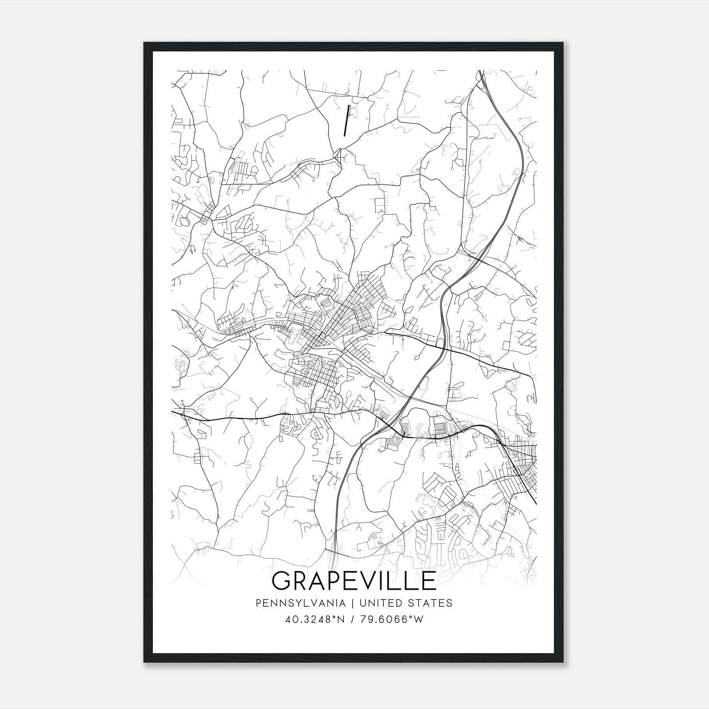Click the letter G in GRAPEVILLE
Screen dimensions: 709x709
283,581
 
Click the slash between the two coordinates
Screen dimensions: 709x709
352,619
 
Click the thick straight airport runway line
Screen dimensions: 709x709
347,120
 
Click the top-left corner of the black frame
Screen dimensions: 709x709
144,43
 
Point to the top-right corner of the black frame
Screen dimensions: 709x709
564,43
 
